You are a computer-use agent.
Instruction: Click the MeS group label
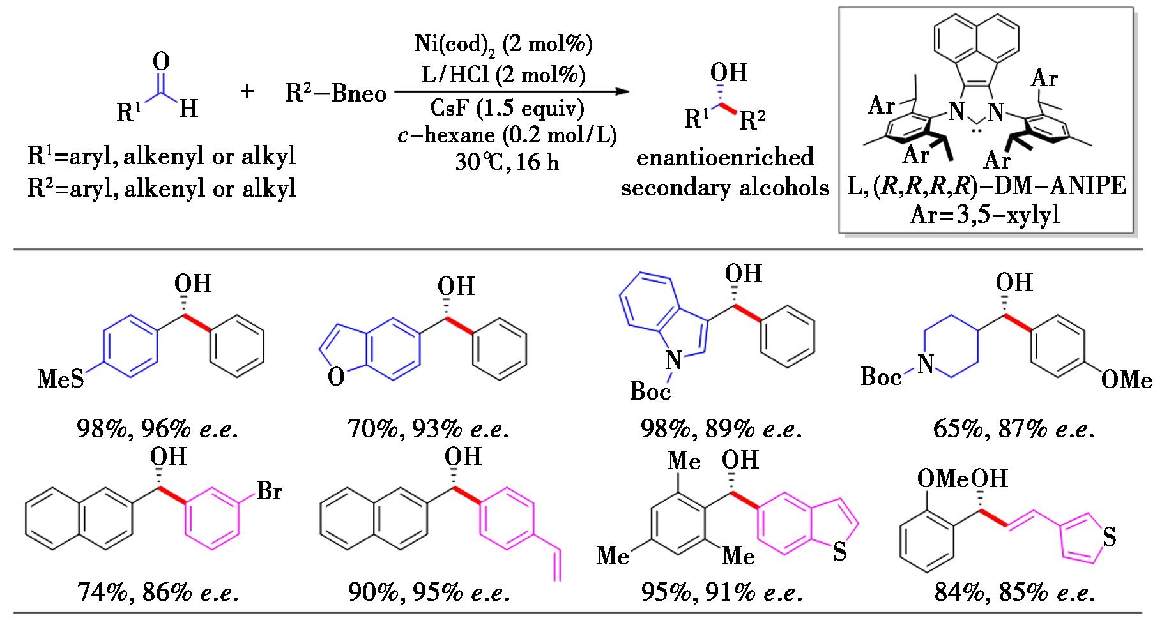[x=61, y=379]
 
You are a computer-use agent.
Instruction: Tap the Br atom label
[x=270, y=492]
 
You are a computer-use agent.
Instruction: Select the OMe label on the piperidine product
[x=1126, y=381]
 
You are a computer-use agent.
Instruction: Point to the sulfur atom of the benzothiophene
[x=840, y=552]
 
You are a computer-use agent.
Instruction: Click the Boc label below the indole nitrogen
[x=650, y=391]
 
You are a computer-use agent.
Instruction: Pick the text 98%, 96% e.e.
[x=157, y=429]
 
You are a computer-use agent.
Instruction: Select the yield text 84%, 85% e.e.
[x=1014, y=593]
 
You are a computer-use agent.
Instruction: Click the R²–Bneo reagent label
[x=336, y=94]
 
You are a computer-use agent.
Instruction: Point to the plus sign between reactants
[x=247, y=92]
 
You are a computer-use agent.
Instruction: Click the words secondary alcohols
[x=725, y=188]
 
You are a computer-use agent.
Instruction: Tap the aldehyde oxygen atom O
[x=162, y=62]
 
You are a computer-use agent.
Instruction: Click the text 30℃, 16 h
[x=507, y=162]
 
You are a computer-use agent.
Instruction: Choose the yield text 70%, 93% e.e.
[x=428, y=429]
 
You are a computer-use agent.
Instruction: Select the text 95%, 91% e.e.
[x=722, y=593]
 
